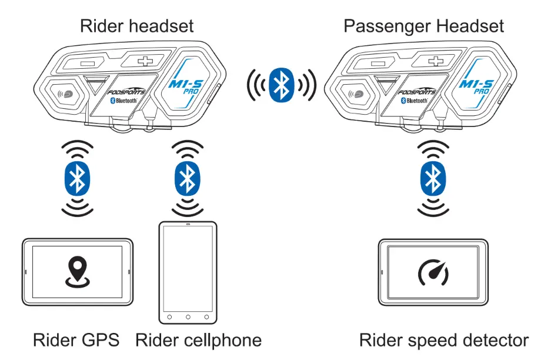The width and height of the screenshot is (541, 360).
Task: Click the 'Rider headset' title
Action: coord(136,25)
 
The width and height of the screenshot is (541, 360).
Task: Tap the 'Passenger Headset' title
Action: coord(423,25)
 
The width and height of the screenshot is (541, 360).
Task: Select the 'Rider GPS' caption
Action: coord(76,340)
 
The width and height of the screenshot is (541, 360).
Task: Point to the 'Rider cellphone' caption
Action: coord(198,340)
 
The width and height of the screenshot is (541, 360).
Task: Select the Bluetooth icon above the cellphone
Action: coord(187,176)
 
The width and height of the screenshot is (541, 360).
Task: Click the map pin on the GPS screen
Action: coord(77,272)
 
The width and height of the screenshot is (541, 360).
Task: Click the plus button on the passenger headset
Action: coord(436,61)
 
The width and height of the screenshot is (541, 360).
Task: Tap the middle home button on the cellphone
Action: coord(188,317)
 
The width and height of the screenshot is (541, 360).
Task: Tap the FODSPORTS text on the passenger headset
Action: coord(417,92)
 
